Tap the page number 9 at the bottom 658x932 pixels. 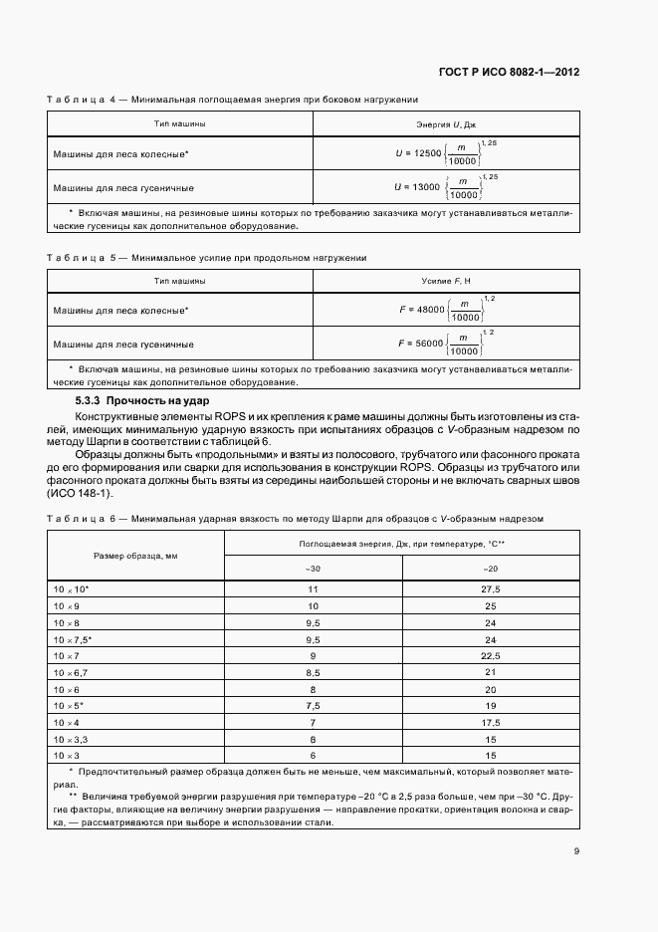(577, 850)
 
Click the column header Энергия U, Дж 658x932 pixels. (446, 123)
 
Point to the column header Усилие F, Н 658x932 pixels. (446, 283)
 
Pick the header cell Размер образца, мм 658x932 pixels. (135, 554)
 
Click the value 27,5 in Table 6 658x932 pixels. (491, 589)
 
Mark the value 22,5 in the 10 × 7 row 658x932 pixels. (491, 656)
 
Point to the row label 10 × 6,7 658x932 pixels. (72, 673)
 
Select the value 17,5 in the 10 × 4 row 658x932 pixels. (491, 723)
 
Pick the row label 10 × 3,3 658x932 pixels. (72, 740)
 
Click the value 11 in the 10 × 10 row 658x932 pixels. (313, 589)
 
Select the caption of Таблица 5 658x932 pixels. (207, 258)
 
